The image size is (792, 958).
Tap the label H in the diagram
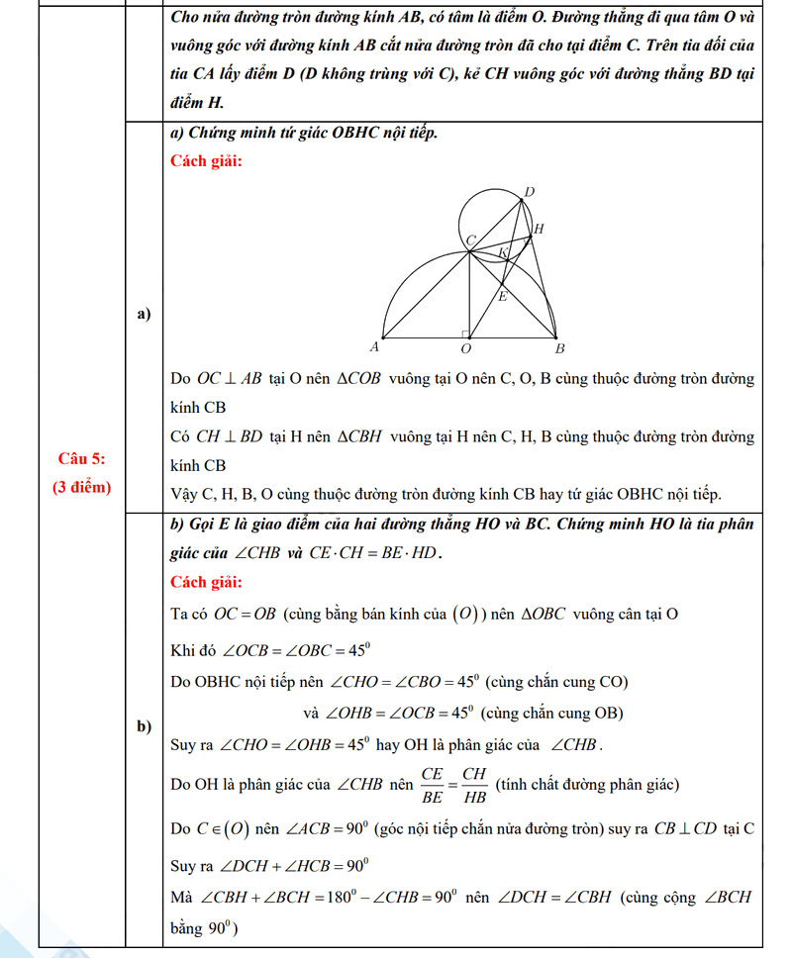(x=539, y=230)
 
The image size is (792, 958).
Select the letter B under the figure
(x=559, y=349)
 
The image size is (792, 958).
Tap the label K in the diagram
(x=503, y=253)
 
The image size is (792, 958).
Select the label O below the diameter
(x=466, y=349)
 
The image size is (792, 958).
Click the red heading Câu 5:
(x=82, y=457)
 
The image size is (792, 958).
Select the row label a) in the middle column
(x=144, y=315)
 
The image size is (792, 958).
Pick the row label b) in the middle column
(x=144, y=727)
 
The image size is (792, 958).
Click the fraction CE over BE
(x=432, y=784)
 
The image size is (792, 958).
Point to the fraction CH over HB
(x=475, y=784)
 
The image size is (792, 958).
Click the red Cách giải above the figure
(x=206, y=161)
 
